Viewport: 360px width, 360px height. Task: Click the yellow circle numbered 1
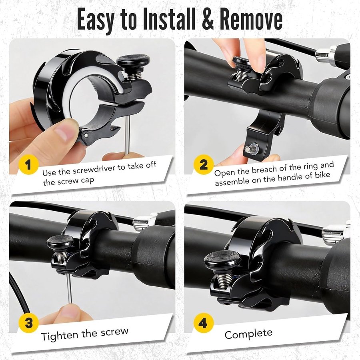tap(28, 164)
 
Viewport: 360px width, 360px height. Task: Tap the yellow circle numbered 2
tap(204, 164)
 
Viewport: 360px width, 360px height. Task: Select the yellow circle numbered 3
tap(28, 323)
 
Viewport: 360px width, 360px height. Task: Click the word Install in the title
tap(169, 19)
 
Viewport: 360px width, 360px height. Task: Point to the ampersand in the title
tap(208, 19)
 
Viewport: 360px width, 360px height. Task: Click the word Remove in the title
tap(251, 19)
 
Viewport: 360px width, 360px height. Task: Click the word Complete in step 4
tap(248, 334)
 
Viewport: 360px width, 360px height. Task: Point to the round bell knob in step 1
tap(133, 60)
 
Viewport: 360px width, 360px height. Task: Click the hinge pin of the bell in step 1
tap(86, 136)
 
